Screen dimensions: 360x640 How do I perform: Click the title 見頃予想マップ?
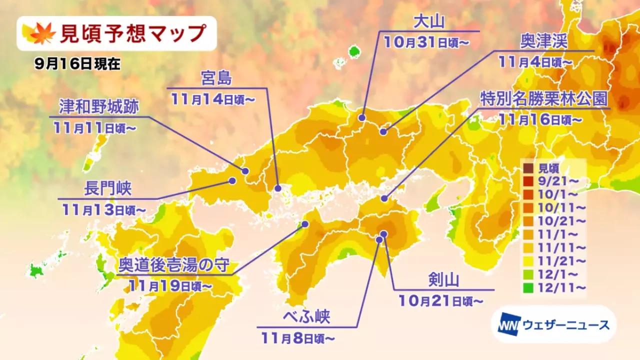pos(132,33)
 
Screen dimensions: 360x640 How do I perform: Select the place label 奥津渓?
pos(543,42)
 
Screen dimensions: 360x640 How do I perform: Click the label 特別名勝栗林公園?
pos(543,98)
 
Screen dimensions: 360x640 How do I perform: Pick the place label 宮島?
pos(216,79)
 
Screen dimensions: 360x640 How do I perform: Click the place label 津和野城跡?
pos(98,107)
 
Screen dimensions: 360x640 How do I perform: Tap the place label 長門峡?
pos(107,189)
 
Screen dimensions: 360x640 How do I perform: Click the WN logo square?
pos(509,325)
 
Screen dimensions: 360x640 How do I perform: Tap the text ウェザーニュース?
pos(565,325)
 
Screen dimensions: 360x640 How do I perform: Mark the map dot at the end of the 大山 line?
pos(361,118)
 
